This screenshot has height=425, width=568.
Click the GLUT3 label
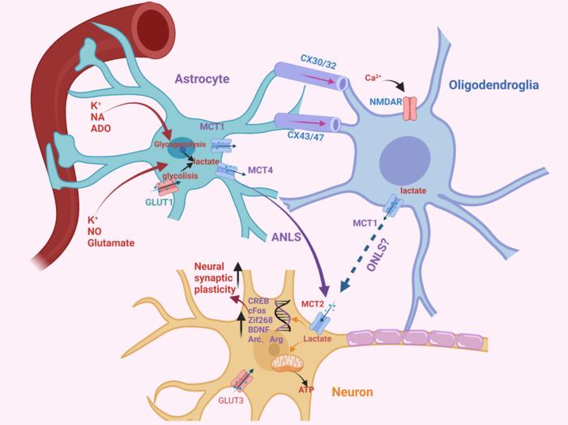229,399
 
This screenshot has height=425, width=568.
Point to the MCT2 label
309,301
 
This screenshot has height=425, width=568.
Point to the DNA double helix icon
284,317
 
